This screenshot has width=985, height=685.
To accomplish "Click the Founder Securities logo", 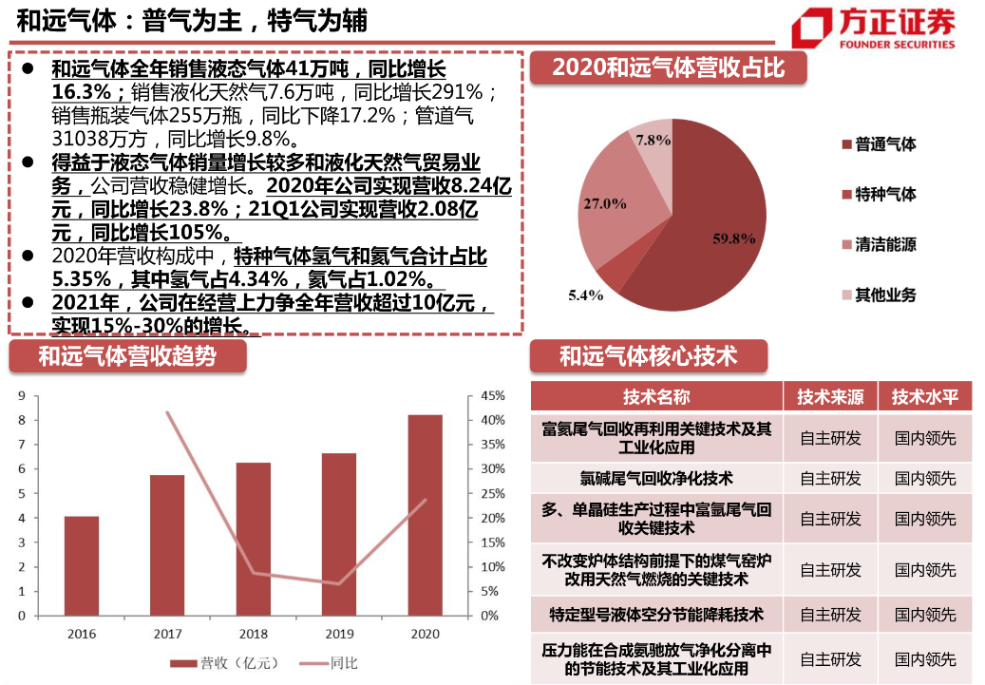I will pyautogui.click(x=874, y=29).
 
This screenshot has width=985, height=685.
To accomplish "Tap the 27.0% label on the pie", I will pyautogui.click(x=604, y=203).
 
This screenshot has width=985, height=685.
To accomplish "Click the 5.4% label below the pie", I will pyautogui.click(x=586, y=295).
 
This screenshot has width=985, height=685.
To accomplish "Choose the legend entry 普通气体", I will pyautogui.click(x=884, y=144).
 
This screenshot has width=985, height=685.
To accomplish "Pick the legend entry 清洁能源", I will pyautogui.click(x=884, y=244).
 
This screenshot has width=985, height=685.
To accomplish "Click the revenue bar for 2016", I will pyautogui.click(x=82, y=565).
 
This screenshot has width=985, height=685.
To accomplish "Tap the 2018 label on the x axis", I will pyautogui.click(x=253, y=634).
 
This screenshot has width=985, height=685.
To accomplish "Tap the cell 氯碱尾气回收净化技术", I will pyautogui.click(x=656, y=478).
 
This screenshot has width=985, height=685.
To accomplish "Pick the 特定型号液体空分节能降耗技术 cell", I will pyautogui.click(x=656, y=615).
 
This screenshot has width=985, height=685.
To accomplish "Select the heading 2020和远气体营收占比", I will pyautogui.click(x=668, y=68).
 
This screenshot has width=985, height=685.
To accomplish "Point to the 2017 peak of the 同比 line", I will pyautogui.click(x=167, y=412).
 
